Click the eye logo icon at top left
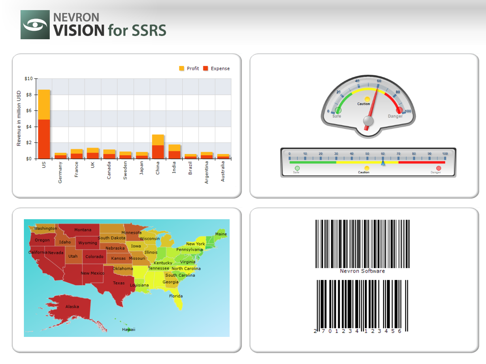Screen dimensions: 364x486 click(x=35, y=25)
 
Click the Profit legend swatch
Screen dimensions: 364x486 click(x=181, y=68)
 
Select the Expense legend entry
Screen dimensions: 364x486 click(x=216, y=69)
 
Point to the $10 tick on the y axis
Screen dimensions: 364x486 click(x=28, y=78)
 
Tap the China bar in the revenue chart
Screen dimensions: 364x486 click(x=158, y=146)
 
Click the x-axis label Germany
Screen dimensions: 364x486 click(x=60, y=172)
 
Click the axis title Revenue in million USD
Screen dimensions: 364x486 click(x=19, y=119)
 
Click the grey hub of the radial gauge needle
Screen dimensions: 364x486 click(x=369, y=121)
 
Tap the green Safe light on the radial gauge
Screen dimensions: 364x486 click(x=339, y=110)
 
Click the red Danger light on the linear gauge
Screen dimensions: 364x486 click(x=439, y=168)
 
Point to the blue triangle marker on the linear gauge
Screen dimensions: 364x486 click(x=383, y=163)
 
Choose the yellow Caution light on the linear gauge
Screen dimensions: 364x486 click(x=367, y=168)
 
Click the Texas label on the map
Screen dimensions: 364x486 click(x=119, y=283)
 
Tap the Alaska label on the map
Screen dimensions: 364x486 click(x=72, y=307)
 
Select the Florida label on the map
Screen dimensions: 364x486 click(x=176, y=296)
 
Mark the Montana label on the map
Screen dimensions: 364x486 click(x=83, y=230)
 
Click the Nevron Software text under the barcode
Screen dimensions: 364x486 click(x=362, y=271)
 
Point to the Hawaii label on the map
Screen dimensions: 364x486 click(x=129, y=330)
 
